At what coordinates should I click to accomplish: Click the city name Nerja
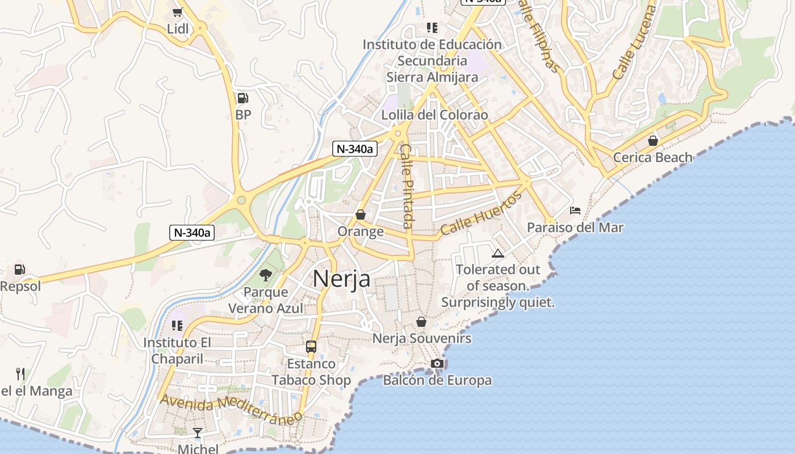point(341,279)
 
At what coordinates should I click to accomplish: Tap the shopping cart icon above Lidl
point(178,12)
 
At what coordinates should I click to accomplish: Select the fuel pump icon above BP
point(243,98)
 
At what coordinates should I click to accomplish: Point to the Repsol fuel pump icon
point(20,270)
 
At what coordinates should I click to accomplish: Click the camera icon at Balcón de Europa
point(437,363)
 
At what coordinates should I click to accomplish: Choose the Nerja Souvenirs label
point(422,339)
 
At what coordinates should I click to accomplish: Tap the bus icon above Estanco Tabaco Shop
point(311,346)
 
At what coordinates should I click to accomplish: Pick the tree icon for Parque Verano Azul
point(265,276)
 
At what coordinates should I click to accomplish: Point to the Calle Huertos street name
point(481,214)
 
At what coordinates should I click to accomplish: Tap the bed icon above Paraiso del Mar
point(575,211)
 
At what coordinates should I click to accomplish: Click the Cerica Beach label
point(653,157)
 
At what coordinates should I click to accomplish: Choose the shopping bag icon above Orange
point(361,215)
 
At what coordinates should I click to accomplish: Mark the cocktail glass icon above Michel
point(198,433)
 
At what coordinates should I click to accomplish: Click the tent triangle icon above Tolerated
point(498,253)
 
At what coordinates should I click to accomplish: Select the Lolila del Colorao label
point(434,115)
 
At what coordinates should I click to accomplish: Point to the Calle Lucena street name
point(635,43)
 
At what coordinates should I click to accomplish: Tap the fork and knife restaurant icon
point(20,373)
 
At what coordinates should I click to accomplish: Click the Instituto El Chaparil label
point(177,350)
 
